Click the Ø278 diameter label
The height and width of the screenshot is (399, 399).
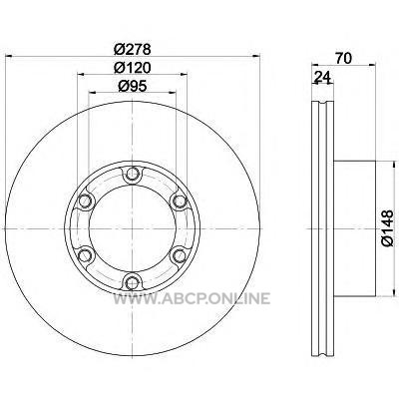tap(133, 49)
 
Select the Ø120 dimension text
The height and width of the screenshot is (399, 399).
tap(133, 68)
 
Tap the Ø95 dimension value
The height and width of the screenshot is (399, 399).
tap(133, 86)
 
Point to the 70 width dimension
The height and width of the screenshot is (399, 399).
tap(343, 59)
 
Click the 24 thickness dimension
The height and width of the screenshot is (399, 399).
tap(322, 78)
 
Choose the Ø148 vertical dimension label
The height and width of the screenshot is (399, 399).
tap(388, 228)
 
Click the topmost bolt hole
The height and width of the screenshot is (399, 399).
tap(133, 174)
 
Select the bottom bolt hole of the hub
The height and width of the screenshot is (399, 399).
tap(133, 282)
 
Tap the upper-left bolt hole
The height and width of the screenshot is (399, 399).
tap(86, 200)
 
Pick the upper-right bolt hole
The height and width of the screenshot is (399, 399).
tap(180, 200)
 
